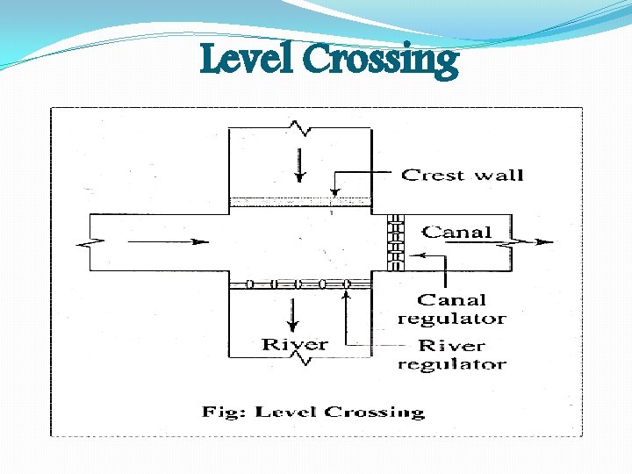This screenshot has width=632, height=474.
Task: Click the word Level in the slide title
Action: pos(248,61)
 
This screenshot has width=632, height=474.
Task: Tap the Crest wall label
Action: pos(462,175)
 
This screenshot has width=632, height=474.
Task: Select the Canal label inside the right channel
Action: pos(456,232)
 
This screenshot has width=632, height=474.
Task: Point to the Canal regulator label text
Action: pos(451,309)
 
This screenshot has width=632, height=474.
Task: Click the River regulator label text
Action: pos(451,354)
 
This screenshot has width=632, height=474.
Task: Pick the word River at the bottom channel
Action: pos(295,344)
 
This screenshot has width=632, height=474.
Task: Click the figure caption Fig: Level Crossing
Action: pos(313,412)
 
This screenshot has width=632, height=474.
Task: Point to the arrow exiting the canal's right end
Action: pos(536,241)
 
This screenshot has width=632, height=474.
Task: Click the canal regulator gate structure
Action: pos(396,242)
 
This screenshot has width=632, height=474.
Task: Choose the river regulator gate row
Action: pos(299,284)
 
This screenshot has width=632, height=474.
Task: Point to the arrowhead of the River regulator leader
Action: pos(348,291)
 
